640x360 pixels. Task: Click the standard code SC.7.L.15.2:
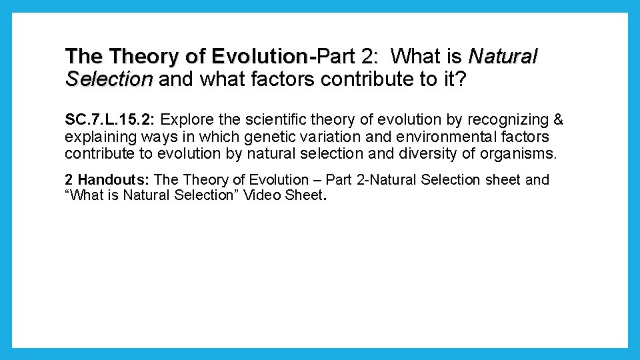tap(111, 120)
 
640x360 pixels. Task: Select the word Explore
tap(185, 120)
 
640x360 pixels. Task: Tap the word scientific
tap(265, 120)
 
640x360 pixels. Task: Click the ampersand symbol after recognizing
tap(558, 120)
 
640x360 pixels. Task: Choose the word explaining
tap(97, 137)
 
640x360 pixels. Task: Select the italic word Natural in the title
tap(503, 56)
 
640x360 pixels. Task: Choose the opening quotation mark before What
tap(68, 197)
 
